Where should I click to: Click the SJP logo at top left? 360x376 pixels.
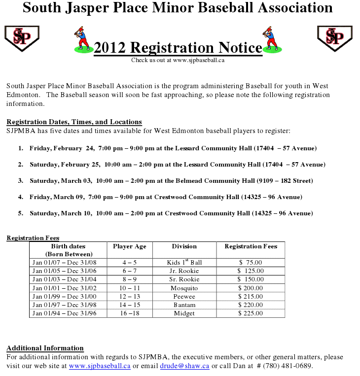click(x=22, y=37)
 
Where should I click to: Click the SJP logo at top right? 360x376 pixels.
click(x=334, y=37)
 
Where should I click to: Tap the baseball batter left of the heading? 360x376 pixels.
click(x=82, y=40)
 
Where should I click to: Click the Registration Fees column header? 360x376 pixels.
click(x=251, y=246)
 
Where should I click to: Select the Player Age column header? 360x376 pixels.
click(x=129, y=246)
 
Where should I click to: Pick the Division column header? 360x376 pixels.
click(x=184, y=246)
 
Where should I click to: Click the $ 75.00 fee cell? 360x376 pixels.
click(x=251, y=262)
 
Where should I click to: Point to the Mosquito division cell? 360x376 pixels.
click(x=184, y=288)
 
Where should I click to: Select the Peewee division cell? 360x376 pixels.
click(x=184, y=297)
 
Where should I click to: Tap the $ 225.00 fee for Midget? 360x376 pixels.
click(x=251, y=313)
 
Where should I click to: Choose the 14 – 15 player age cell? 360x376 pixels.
click(x=129, y=305)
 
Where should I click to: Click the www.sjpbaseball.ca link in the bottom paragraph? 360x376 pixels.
click(x=100, y=366)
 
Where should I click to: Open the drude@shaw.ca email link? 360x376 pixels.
click(x=184, y=366)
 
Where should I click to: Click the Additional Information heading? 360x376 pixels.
click(x=45, y=348)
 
